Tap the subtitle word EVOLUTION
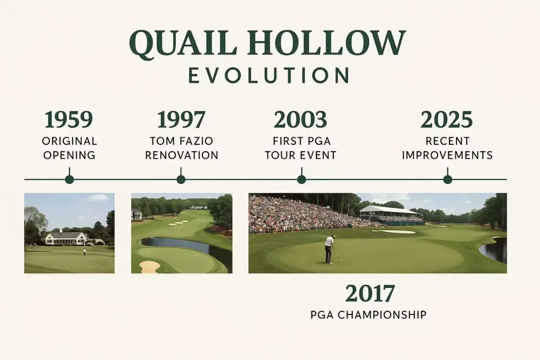[268, 76]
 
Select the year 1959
[70, 121]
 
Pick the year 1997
[181, 121]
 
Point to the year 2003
[301, 121]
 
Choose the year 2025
[447, 121]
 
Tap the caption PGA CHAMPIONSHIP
[369, 315]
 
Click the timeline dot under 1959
[70, 179]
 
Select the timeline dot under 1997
[181, 179]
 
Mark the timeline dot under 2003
[302, 179]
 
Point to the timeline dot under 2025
[448, 179]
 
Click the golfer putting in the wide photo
[330, 249]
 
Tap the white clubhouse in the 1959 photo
[66, 238]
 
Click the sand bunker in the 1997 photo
[149, 266]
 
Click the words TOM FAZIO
[181, 142]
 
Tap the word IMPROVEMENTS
[447, 155]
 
